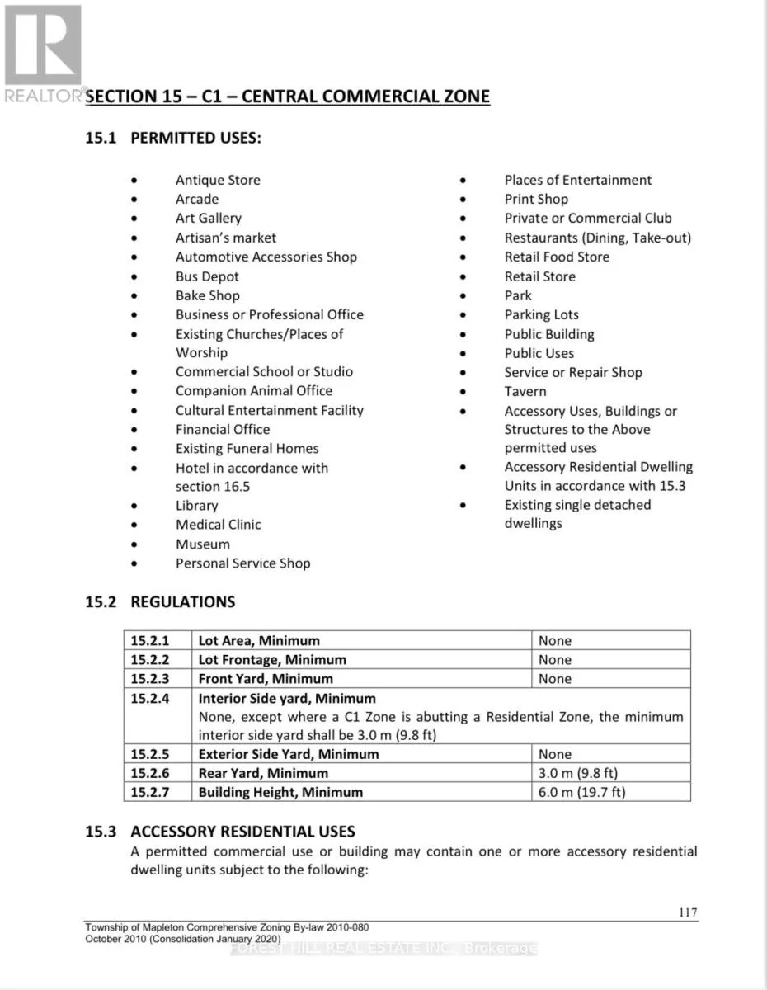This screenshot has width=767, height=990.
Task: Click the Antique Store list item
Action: tap(218, 180)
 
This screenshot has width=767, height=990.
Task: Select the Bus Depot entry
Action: tap(207, 276)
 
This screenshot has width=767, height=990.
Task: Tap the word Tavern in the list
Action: tap(525, 391)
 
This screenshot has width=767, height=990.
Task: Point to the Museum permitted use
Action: tap(203, 544)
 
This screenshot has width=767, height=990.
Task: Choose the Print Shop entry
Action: tap(536, 199)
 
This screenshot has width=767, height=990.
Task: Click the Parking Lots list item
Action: tap(542, 314)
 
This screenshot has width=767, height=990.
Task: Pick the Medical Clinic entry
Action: tap(219, 525)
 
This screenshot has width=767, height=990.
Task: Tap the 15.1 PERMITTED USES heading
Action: tap(173, 138)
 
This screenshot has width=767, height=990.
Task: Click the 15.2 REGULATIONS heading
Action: tap(160, 601)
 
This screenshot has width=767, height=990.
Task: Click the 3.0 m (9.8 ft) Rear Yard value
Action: tap(578, 773)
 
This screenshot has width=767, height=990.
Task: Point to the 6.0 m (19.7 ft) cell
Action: tap(582, 792)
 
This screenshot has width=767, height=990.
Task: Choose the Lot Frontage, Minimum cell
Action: tap(272, 659)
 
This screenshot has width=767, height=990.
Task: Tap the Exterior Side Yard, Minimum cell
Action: tap(289, 754)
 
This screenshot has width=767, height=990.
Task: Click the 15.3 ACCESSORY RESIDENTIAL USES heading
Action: tap(220, 831)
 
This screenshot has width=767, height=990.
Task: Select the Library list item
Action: tap(196, 506)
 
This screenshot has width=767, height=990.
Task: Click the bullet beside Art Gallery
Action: tap(135, 219)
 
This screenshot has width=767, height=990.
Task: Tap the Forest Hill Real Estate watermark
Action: tap(384, 949)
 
